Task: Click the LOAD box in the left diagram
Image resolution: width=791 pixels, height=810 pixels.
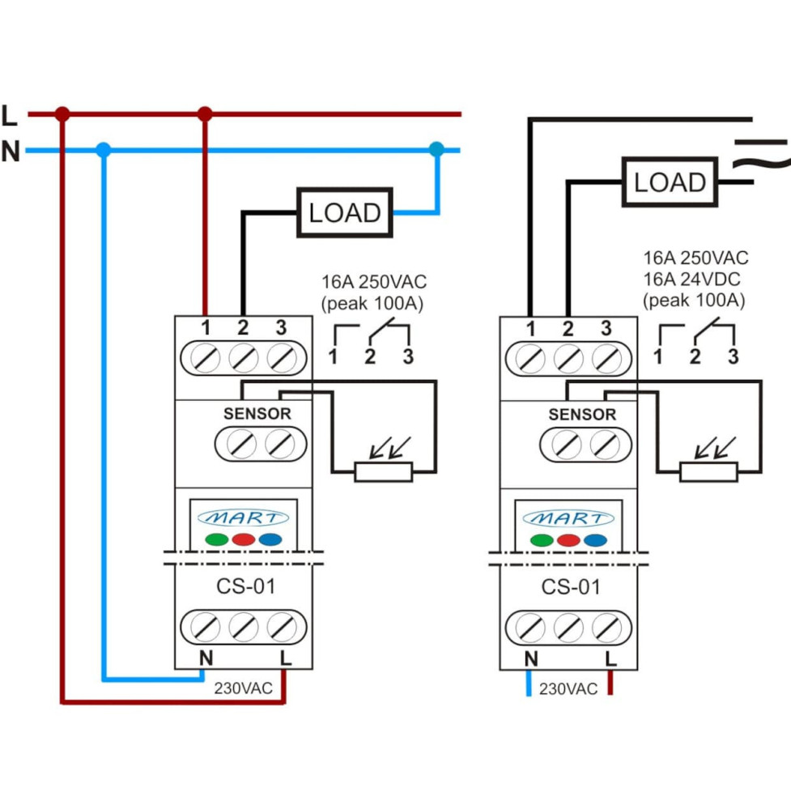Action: (345, 212)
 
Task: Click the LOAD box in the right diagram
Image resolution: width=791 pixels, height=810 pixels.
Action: (670, 182)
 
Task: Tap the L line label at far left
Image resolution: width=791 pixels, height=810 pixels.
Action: (10, 116)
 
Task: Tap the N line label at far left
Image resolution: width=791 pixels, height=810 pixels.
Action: (11, 151)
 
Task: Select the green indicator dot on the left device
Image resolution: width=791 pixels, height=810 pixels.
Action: (216, 539)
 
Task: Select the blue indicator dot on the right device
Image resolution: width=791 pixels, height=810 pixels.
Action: (595, 540)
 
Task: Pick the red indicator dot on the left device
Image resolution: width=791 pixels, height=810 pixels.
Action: (244, 539)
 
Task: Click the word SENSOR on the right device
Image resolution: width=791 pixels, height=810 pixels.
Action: (582, 415)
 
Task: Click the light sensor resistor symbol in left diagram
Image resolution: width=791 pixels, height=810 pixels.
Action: (383, 471)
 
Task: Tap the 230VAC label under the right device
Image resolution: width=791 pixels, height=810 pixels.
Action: (568, 689)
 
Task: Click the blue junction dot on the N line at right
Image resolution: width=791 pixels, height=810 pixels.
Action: (436, 149)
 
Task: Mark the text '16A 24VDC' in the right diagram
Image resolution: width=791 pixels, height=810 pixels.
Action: (695, 279)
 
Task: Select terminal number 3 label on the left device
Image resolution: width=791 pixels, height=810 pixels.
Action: (281, 328)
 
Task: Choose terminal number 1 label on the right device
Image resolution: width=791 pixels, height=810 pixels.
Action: (530, 329)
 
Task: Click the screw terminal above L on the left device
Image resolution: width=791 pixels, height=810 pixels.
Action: (281, 627)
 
